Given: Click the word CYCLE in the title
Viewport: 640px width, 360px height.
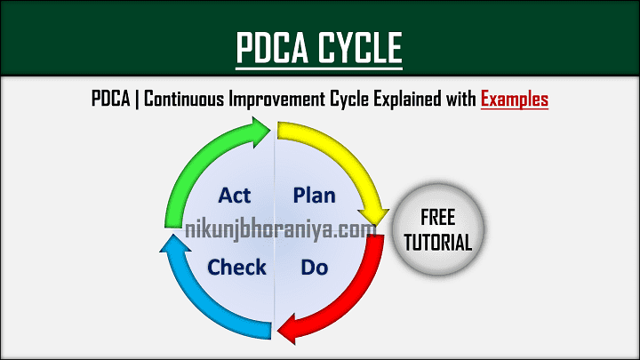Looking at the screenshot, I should pyautogui.click(x=361, y=46).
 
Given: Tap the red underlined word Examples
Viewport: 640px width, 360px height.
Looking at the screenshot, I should pyautogui.click(x=515, y=100).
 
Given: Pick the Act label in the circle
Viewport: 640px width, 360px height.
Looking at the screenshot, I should pyautogui.click(x=236, y=196).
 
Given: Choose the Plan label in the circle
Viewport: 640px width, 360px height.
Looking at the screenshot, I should pyautogui.click(x=314, y=196).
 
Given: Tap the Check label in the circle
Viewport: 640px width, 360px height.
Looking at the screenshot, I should pyautogui.click(x=236, y=266).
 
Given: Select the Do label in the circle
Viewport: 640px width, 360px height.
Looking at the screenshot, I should pyautogui.click(x=314, y=266).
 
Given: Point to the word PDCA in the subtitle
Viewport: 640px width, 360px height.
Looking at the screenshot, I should pyautogui.click(x=111, y=100).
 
